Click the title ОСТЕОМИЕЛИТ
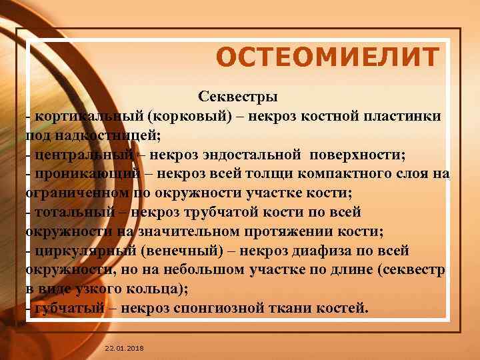[328, 58]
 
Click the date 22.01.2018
[124, 349]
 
